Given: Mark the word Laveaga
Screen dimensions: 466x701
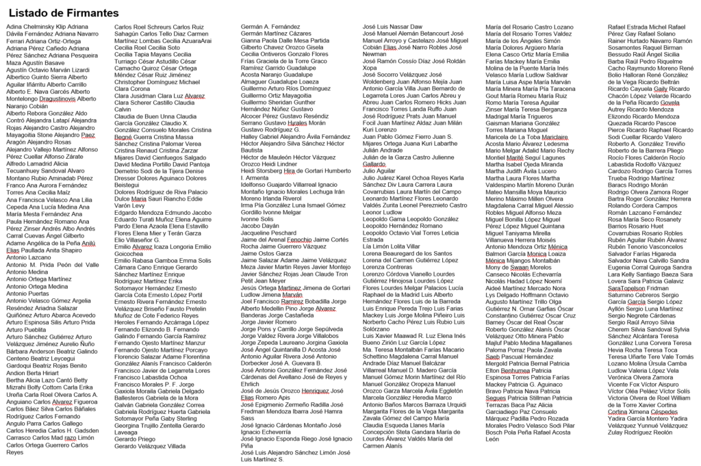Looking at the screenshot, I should coord(125,432).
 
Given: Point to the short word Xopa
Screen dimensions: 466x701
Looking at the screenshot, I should coord(369,68).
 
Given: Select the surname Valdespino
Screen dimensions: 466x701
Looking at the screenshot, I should coord(507,185).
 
